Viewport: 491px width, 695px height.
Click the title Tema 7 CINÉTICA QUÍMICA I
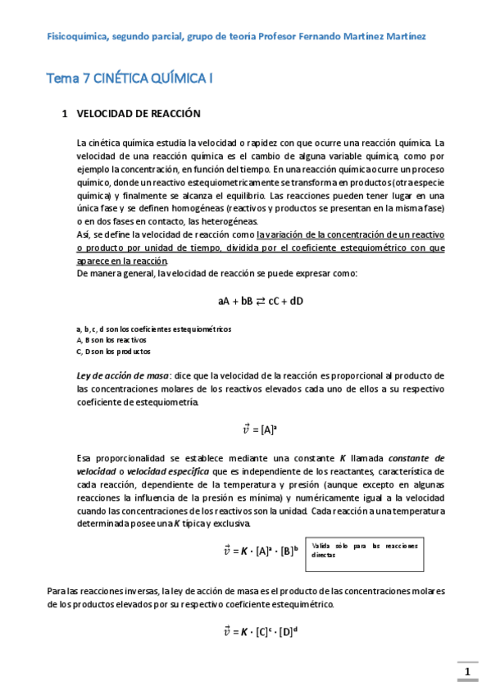[x=131, y=79]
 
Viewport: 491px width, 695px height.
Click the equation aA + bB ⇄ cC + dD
[x=261, y=301]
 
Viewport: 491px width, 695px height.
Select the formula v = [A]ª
[x=261, y=428]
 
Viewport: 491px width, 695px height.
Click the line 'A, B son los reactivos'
[x=111, y=339]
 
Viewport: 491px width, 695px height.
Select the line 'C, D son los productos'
[x=113, y=351]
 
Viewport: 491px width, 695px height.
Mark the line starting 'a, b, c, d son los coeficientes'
[x=153, y=329]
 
